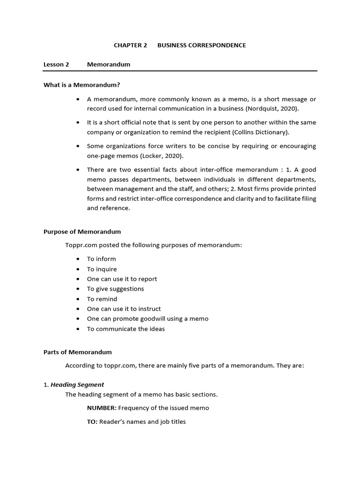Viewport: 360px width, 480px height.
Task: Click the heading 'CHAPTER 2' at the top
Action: click(131, 45)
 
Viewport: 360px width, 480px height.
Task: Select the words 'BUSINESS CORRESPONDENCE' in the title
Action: click(202, 45)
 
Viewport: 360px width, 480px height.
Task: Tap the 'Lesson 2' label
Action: click(56, 64)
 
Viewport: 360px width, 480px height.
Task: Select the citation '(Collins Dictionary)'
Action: click(262, 132)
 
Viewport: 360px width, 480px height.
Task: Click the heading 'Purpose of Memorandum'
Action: click(82, 232)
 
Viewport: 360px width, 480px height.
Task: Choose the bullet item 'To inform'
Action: click(101, 259)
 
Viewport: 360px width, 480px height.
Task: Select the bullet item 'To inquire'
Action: click(102, 269)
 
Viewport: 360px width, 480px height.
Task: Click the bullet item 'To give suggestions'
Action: click(115, 289)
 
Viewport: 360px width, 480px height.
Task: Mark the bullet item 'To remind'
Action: click(102, 299)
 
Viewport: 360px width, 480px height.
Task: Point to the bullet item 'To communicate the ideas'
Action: click(126, 329)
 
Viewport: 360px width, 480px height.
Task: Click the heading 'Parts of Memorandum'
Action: click(78, 352)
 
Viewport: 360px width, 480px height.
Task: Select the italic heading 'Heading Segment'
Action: click(77, 385)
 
